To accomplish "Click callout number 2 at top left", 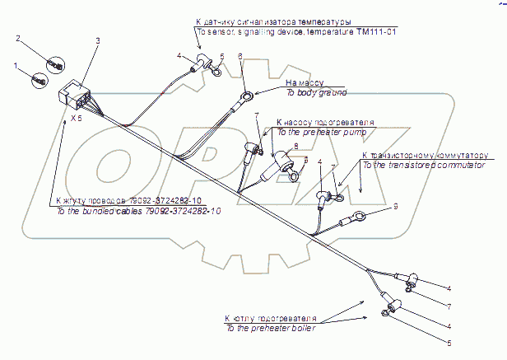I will [18, 38].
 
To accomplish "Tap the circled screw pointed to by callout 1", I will [38, 79].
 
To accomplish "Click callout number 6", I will [240, 56].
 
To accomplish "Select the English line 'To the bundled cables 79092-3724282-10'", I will [128, 212].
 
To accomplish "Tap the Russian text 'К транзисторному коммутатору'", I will [425, 155].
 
